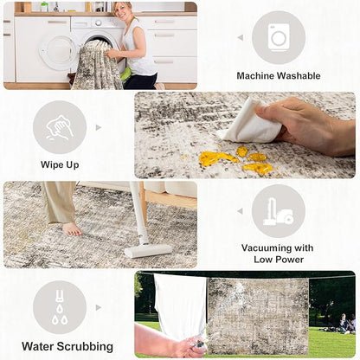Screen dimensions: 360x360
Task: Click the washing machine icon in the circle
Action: pos(279,37)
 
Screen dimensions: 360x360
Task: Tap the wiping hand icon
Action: pos(60,127)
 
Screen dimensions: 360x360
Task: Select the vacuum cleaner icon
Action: pos(278,212)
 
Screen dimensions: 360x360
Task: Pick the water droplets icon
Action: pos(60,307)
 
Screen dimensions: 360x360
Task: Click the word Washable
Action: pos(299,76)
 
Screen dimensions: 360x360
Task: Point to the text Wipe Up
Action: pos(60,165)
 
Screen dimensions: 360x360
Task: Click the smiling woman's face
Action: pos(121,10)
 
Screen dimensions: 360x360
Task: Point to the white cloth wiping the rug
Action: pos(251,124)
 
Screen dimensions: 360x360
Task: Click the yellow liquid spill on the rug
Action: pos(236,159)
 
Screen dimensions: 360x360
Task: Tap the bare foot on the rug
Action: pos(72,228)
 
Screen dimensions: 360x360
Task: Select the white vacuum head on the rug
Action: pos(148,250)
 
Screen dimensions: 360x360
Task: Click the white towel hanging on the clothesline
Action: pos(181,305)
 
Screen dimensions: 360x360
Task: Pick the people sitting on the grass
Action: pos(346,324)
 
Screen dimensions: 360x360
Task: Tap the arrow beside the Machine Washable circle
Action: pos(241,37)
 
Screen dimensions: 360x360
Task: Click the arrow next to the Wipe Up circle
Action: pos(99,127)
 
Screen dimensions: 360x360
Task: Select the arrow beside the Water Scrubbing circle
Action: pos(99,307)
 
